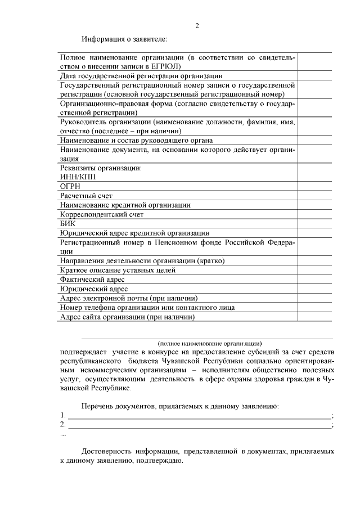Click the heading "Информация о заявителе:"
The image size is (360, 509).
click(x=124, y=39)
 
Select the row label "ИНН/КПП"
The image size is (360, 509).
click(x=78, y=177)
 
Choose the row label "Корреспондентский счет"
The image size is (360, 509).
click(x=102, y=214)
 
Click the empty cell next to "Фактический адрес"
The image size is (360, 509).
click(x=314, y=280)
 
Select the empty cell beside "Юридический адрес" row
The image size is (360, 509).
click(x=314, y=289)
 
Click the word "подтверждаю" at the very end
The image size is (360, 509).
click(x=160, y=460)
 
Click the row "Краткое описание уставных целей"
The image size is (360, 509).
click(x=118, y=270)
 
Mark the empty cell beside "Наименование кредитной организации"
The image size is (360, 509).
click(x=314, y=205)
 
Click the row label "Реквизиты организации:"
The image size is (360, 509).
click(x=100, y=168)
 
